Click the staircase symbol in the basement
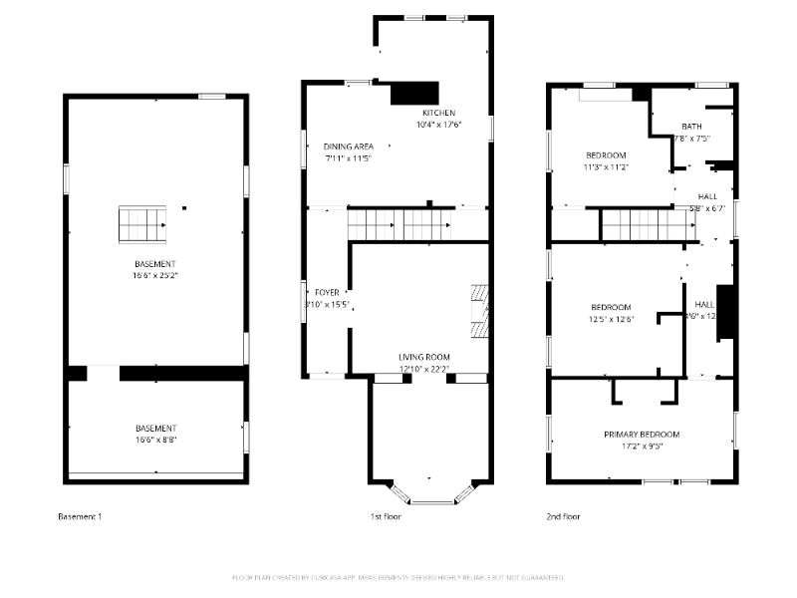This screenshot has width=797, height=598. pos(141,224)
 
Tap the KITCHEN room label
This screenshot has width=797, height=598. pos(437,113)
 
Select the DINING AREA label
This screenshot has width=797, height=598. pos(348,147)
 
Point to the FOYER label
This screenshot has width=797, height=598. pos(327,292)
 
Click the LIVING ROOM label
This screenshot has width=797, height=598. pos(424,357)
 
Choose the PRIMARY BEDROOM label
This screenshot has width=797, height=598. pos(642,435)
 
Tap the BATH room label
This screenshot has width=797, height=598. pos(691,127)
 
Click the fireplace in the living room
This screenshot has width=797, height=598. pos(480,313)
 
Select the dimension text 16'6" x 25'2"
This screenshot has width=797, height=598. pos(155,274)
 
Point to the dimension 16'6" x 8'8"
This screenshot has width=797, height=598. pos(155,439)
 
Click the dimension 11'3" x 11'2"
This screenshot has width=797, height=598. pos(606,167)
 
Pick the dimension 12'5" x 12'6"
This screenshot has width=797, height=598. pos(610,319)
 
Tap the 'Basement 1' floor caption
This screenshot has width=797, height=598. pos(79,516)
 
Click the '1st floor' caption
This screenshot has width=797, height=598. pos(385,516)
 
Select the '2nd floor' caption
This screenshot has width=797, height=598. pos(563,516)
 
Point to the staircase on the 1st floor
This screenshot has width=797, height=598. pos(398,224)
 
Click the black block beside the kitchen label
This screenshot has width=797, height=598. pos(414,93)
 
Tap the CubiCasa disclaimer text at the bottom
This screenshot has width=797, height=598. pos(398,577)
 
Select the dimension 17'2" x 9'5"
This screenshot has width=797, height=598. pos(642,447)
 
